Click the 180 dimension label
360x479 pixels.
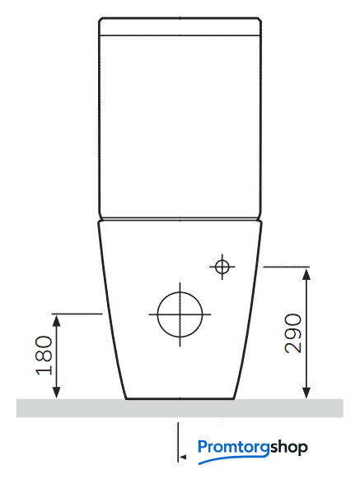(x=44, y=356)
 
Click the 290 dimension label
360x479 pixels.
(x=293, y=333)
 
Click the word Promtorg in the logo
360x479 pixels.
(x=234, y=448)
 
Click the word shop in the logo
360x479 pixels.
(x=288, y=448)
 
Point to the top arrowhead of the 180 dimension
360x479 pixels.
(x=56, y=321)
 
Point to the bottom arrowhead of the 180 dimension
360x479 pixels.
(x=56, y=393)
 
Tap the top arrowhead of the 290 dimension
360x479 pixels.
(x=306, y=274)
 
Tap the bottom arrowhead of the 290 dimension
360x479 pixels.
(x=306, y=393)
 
